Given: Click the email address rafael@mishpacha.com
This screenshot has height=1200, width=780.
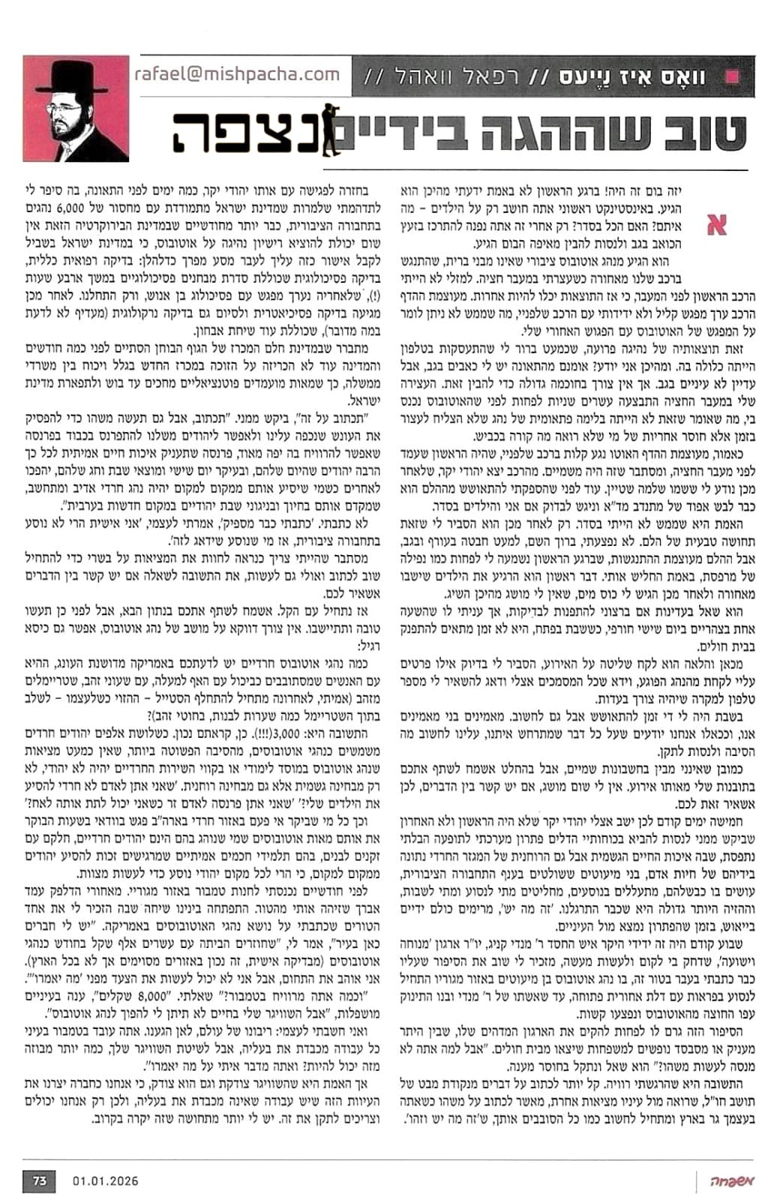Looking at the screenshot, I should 237,74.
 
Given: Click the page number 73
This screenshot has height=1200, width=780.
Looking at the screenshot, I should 40,1180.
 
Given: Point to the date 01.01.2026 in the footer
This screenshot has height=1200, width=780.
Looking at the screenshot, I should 106,1180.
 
